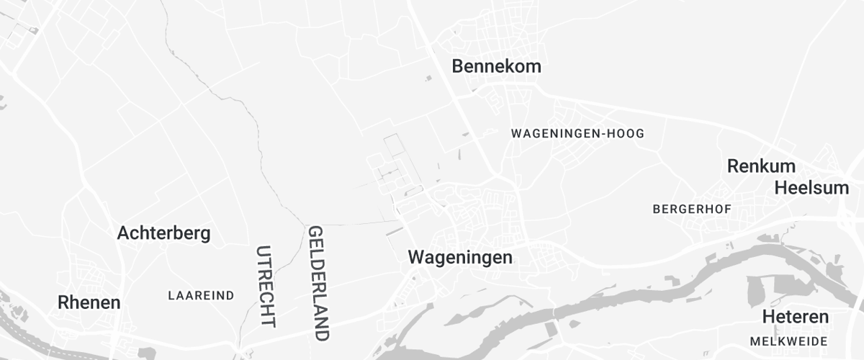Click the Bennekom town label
pos(496,66)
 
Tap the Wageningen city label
pos(460,257)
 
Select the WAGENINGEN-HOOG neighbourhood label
pos(577,134)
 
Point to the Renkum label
pos(761,166)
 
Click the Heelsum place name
pos(811,188)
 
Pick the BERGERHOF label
pos(692,209)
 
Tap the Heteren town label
pos(796,317)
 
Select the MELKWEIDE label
pos(788,341)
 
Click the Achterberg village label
pos(163,233)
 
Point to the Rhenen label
pos(89,302)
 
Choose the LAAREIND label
pos(201,295)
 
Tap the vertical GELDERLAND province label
pos(318,283)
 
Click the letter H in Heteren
pos(768,317)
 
